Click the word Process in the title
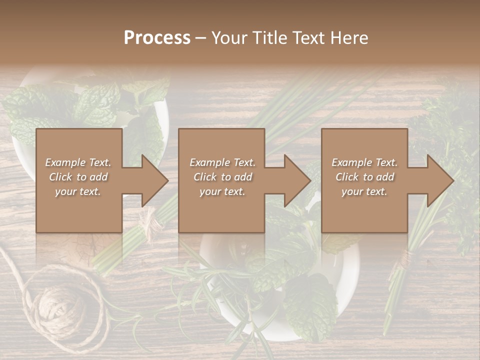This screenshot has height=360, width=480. tap(157, 38)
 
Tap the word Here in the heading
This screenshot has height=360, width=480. tap(349, 38)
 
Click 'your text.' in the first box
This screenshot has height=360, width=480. tap(78, 191)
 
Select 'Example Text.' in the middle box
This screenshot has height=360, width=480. tap(222, 162)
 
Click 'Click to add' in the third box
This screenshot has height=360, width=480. tap(365, 177)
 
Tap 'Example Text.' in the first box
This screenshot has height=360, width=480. tap(78, 162)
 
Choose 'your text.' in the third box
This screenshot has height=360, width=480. tap(364, 191)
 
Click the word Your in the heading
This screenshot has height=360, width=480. tap(229, 38)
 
